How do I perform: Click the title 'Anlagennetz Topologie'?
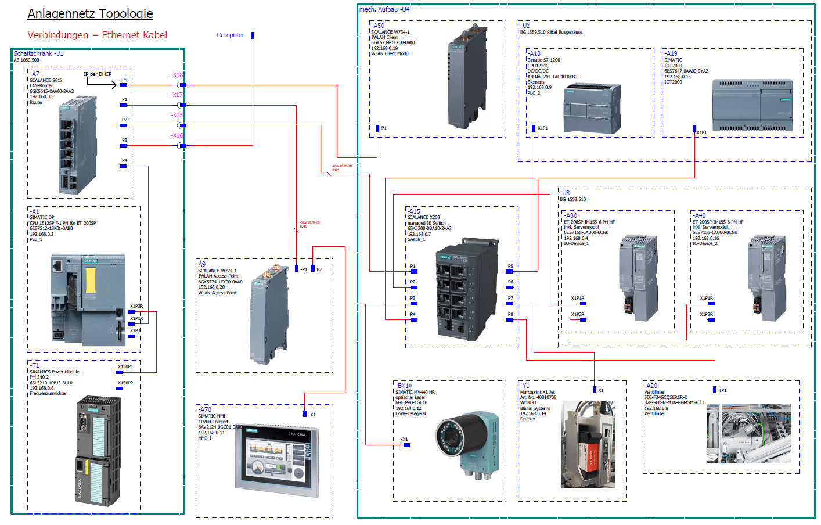pos(90,14)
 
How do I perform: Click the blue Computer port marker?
pos(253,35)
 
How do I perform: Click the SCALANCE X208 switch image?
pos(467,289)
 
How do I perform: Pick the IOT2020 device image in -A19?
pos(752,105)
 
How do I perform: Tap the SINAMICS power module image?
pos(99,451)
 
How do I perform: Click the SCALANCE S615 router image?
pos(77,145)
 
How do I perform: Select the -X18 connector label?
pos(177,75)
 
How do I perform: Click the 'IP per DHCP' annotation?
pos(98,74)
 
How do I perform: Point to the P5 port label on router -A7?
pos(124,80)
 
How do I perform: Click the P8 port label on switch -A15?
pos(510,314)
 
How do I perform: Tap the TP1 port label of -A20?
pos(722,390)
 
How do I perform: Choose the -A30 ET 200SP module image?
pos(638,278)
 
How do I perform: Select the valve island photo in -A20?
pos(748,433)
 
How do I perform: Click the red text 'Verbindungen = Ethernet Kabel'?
pos(97,35)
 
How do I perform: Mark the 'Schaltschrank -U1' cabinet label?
pos(38,53)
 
